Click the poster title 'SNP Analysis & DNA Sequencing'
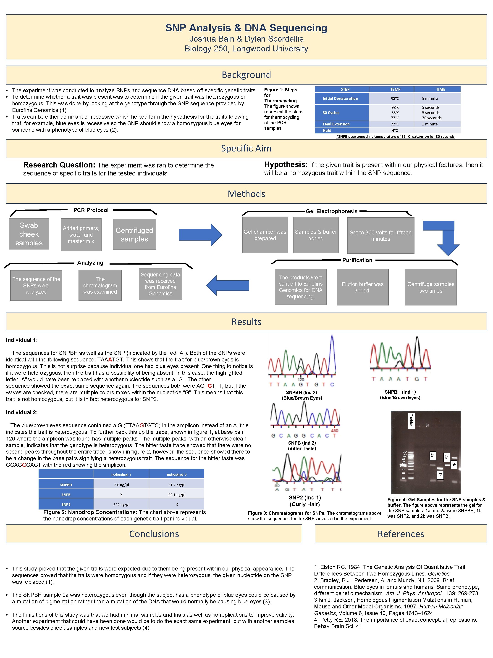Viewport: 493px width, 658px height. tap(246, 28)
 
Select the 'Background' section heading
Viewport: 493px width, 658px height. tap(246, 75)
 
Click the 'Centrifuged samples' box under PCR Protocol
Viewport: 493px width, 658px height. tap(134, 234)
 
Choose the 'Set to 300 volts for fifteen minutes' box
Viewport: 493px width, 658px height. tap(380, 236)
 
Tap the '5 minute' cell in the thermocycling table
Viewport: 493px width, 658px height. tap(430, 98)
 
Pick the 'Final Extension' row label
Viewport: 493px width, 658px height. tap(336, 124)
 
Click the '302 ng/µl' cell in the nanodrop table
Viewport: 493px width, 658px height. tap(121, 504)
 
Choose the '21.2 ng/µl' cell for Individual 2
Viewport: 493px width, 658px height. tap(176, 485)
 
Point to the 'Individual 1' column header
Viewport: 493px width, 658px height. tap(121, 475)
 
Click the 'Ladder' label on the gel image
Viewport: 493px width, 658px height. tap(411, 420)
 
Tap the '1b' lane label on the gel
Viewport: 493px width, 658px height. tap(440, 475)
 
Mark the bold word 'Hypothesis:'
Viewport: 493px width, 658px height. tap(286, 164)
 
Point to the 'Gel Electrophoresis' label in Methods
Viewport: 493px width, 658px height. tap(331, 211)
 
